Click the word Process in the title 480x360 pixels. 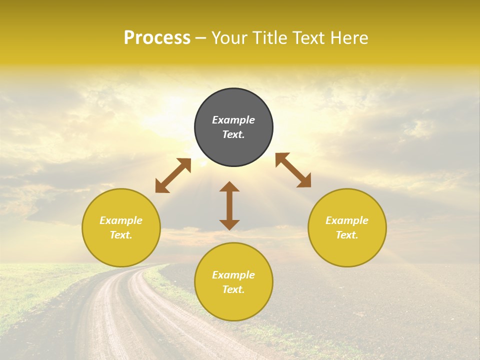tap(157, 38)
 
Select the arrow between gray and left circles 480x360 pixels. tap(173, 175)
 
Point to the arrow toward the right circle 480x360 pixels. tap(293, 170)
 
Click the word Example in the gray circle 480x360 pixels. tap(233, 120)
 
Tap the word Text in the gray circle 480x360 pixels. tap(232, 134)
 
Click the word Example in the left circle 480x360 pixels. tap(121, 220)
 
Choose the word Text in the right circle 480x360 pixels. tap(345, 235)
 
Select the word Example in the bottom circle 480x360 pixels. tap(233, 275)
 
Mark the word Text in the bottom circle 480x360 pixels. tap(232, 289)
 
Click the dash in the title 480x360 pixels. tap(200, 38)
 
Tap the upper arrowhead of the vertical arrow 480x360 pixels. tap(229, 187)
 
